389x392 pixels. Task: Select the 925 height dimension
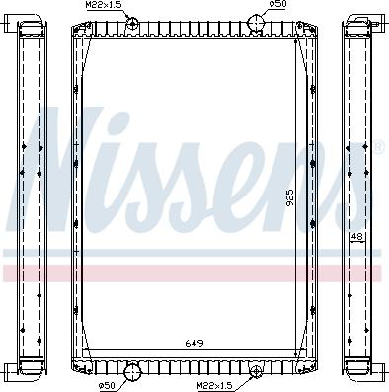pos(290,197)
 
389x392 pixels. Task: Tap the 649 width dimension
pos(194,344)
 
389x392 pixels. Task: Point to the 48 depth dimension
pos(356,237)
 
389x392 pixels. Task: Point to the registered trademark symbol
pos(377,148)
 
